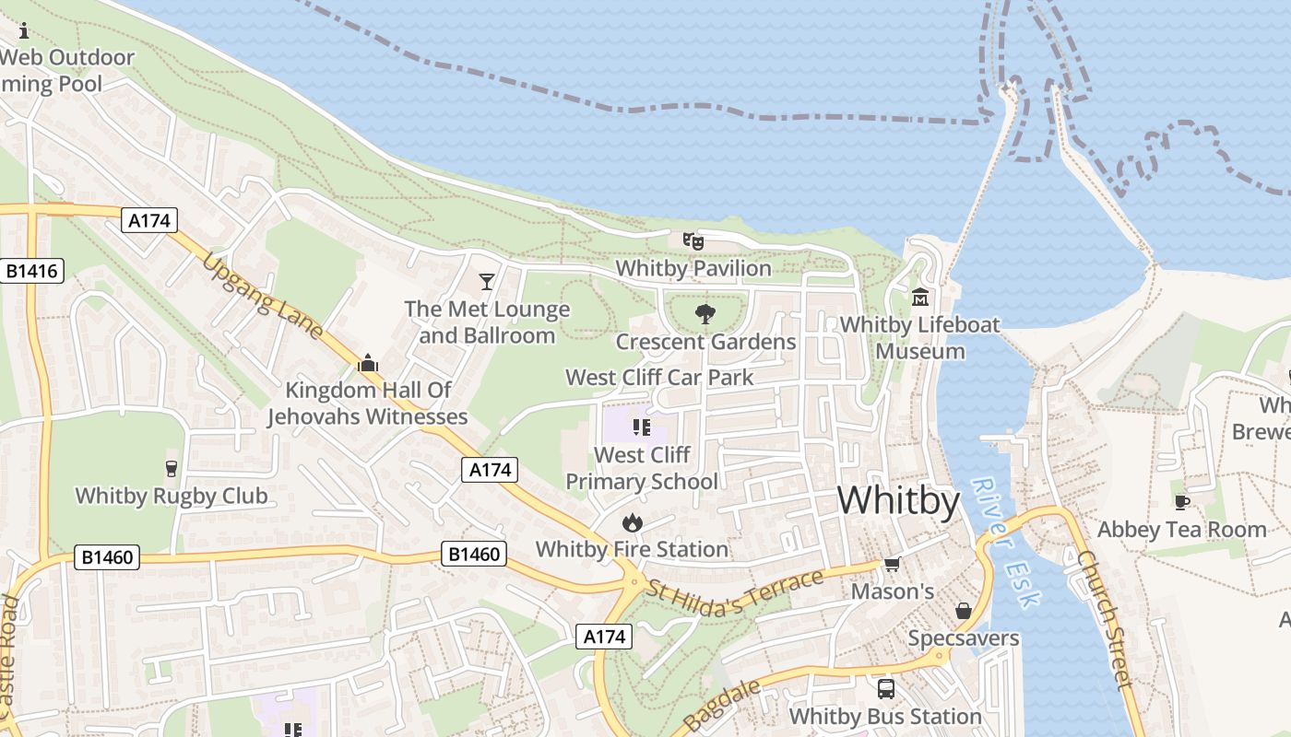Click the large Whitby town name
[898, 500]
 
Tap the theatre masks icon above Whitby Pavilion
[693, 241]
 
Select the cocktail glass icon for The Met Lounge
[487, 281]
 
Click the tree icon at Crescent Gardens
[705, 314]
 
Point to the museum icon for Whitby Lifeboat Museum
[920, 298]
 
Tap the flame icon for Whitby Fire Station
[632, 522]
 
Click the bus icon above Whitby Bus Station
[885, 688]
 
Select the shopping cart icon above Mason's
[892, 564]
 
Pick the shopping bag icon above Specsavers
[964, 611]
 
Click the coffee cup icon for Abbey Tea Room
[1181, 502]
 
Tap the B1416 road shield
[31, 271]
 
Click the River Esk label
[1006, 543]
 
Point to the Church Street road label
[1104, 619]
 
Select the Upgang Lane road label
[263, 295]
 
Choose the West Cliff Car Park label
[659, 377]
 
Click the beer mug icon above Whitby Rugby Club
[171, 469]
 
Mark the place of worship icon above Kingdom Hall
[368, 363]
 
